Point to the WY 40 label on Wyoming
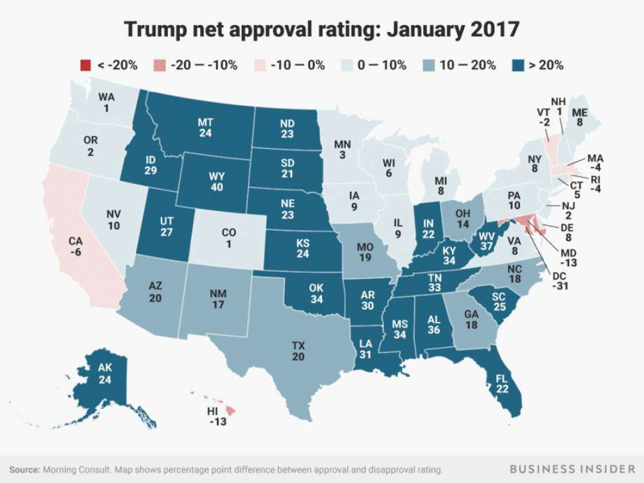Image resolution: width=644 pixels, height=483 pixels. coord(216,181)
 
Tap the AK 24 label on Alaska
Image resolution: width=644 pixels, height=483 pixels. coord(104,374)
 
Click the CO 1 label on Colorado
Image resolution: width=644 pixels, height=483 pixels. coord(229,238)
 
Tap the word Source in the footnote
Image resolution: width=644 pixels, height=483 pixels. coord(25,470)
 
